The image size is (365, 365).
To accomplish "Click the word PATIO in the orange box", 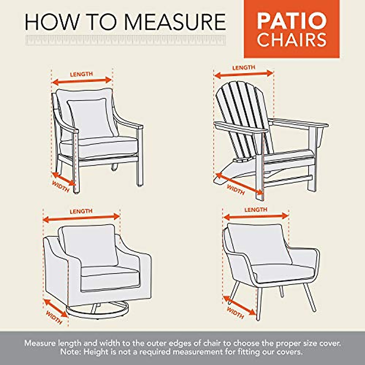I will pyautogui.click(x=291, y=21).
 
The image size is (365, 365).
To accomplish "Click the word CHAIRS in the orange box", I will pyautogui.click(x=291, y=40).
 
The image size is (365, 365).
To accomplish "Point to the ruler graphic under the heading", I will pyautogui.click(x=125, y=40).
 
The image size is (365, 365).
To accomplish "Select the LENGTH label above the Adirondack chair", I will pyautogui.click(x=244, y=68).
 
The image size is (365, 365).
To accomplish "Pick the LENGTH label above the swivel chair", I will pyautogui.click(x=81, y=211).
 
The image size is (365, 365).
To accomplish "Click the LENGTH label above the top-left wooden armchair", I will pyautogui.click(x=81, y=74).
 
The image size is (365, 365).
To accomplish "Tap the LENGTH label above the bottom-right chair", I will pyautogui.click(x=256, y=210).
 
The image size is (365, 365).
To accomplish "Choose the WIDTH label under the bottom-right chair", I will pyautogui.click(x=235, y=313).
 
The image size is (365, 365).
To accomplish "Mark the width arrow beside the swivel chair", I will pyautogui.click(x=55, y=308).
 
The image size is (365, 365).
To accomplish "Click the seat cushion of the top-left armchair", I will pyautogui.click(x=99, y=146).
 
